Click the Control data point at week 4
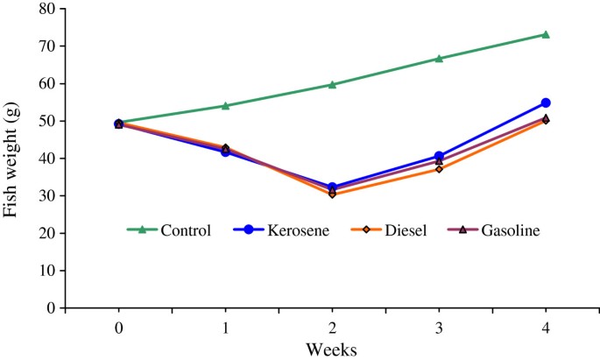coord(546,34)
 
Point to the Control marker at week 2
coord(332,85)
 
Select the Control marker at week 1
coord(225,106)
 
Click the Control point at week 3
coord(439,59)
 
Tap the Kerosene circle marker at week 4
coord(546,102)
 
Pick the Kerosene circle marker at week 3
coord(439,156)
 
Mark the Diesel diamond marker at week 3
coord(439,168)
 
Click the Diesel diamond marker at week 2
coord(332,194)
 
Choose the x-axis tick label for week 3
coord(439,325)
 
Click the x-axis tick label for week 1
coord(225,325)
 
